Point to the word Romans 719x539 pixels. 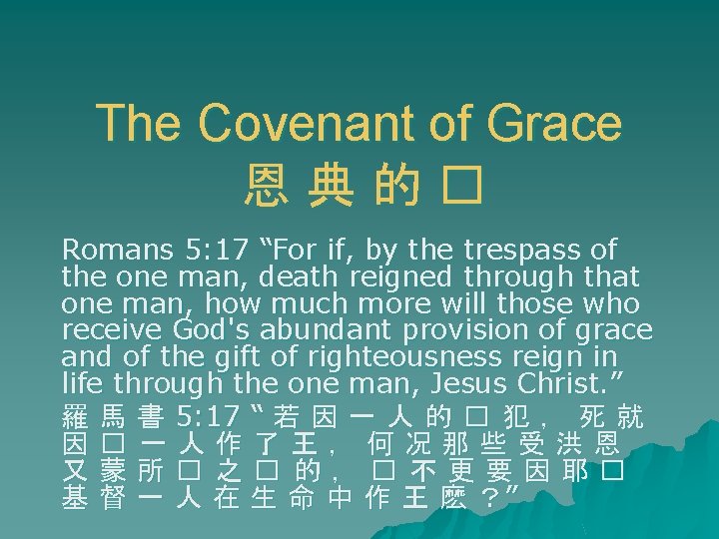[111, 249]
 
